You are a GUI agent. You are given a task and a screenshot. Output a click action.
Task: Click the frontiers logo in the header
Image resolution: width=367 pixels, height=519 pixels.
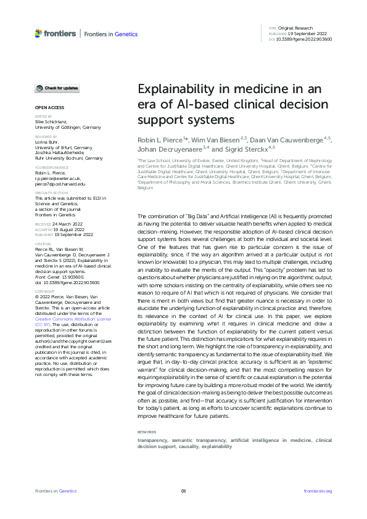click(56, 33)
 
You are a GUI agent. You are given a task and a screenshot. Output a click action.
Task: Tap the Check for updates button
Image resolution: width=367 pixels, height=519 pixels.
click(57, 88)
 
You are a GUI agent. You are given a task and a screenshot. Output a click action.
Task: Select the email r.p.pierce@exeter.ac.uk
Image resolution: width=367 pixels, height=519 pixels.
click(57, 179)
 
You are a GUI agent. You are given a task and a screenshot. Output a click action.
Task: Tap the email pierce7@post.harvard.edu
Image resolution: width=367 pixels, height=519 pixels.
click(60, 184)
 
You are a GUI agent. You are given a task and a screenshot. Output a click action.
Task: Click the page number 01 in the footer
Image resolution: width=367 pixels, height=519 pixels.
click(183, 491)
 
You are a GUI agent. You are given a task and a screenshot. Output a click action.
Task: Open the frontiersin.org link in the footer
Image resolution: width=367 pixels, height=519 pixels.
click(318, 491)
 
